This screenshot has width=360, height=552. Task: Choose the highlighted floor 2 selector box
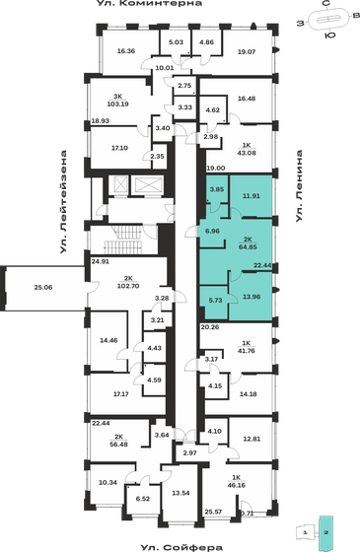point(331,531)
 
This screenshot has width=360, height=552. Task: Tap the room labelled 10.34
point(107,483)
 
